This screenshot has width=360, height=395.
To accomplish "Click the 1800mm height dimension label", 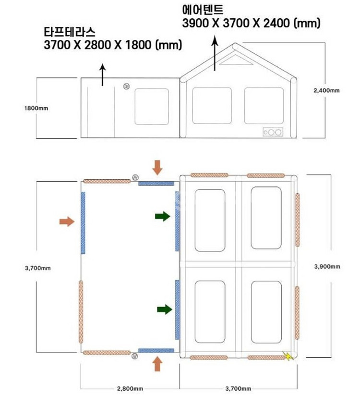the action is [36, 108].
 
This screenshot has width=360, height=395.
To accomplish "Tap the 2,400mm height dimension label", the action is [326, 90].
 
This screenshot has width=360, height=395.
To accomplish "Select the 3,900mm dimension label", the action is [327, 267].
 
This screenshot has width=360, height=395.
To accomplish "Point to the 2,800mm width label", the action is [130, 388].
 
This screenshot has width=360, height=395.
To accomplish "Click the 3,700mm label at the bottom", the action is [238, 388].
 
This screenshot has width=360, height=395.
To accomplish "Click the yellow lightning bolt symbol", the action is [288, 356].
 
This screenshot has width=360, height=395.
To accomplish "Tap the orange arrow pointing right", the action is [67, 222].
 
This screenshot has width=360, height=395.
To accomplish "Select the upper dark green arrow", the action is [163, 216].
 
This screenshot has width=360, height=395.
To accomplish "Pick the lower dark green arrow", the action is [165, 309].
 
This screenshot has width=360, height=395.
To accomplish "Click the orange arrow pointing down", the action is [157, 167].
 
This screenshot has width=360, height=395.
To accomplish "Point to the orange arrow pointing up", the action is [157, 363].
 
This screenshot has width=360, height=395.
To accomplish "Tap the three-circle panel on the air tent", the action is [273, 132].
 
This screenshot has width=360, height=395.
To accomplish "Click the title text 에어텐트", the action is [203, 10].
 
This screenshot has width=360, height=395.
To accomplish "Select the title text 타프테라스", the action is [70, 32].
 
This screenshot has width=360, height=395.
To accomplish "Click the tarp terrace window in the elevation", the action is [152, 107].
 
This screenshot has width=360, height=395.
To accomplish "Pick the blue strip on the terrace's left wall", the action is [83, 223].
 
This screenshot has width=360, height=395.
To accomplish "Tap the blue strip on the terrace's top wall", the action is [156, 184].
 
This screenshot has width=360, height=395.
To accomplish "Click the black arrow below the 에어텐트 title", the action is [215, 53].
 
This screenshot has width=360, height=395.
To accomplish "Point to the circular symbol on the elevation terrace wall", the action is [127, 86].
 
